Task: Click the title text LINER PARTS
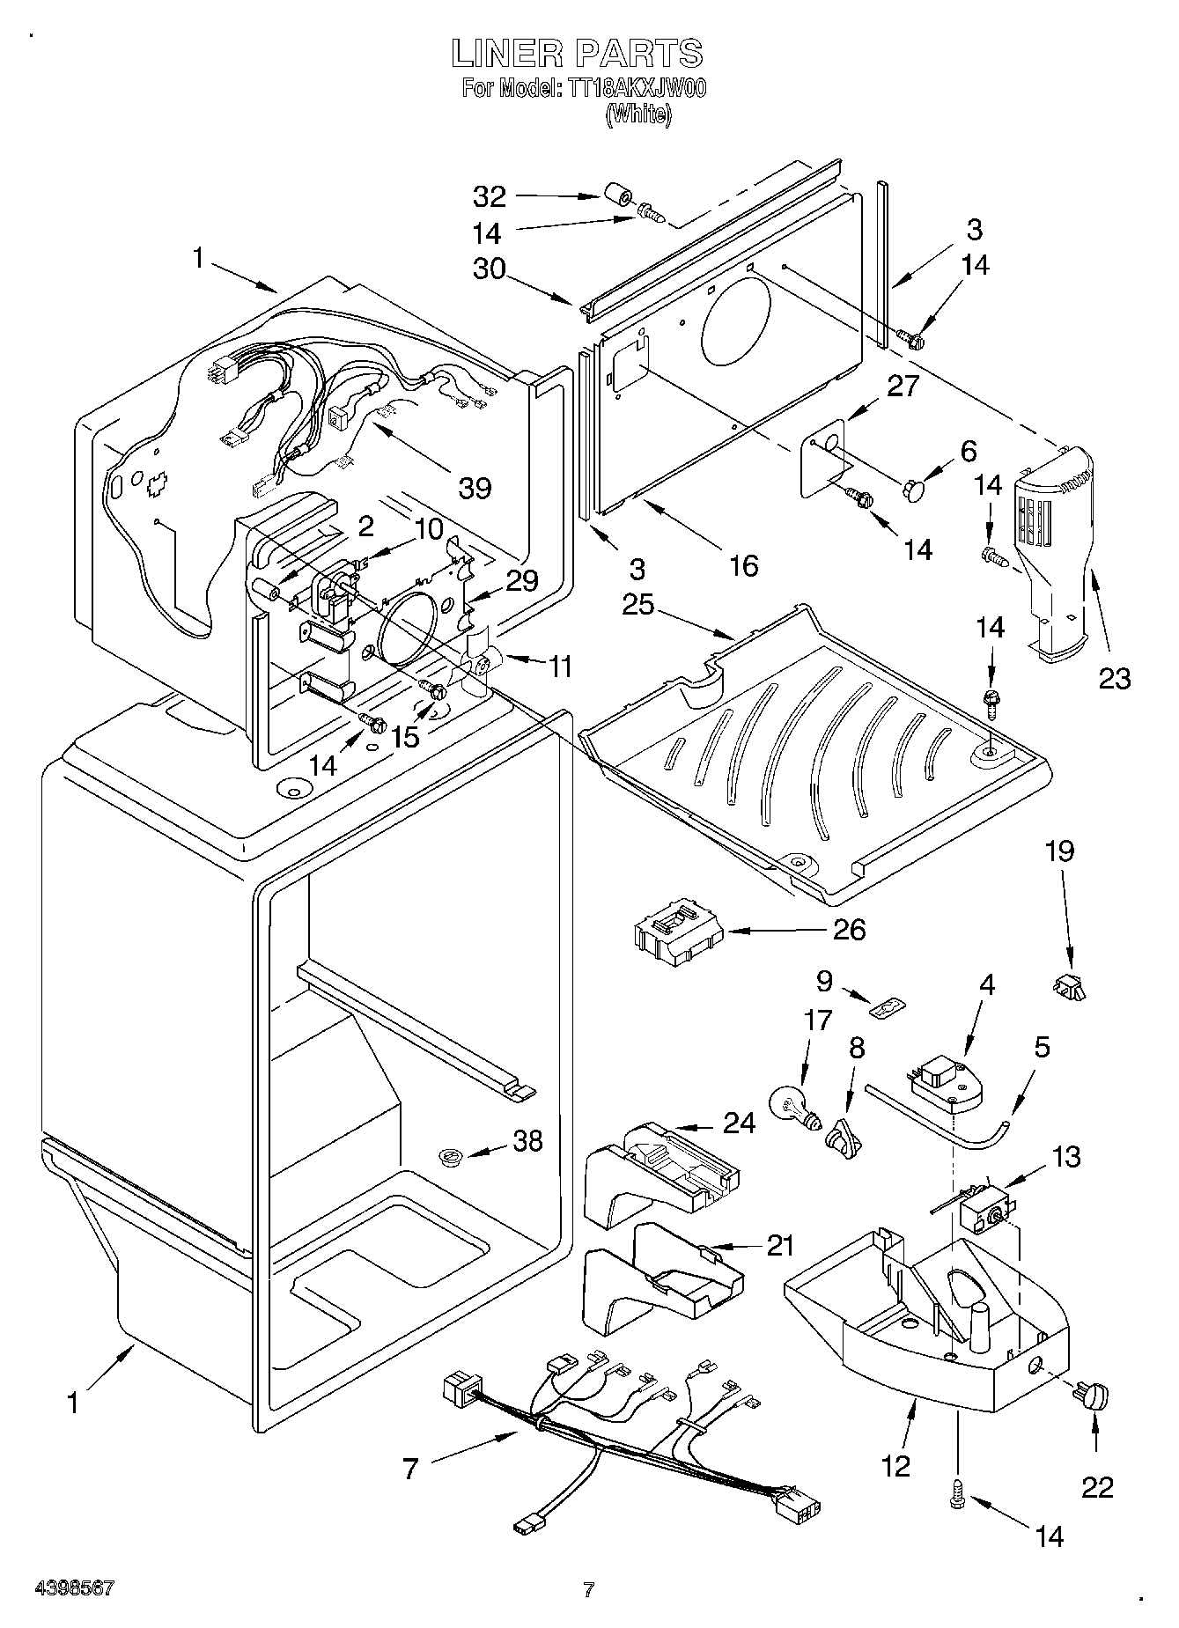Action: tap(577, 54)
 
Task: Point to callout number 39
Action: tap(475, 487)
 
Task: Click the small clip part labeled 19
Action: tap(1069, 987)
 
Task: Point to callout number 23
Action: tap(1114, 677)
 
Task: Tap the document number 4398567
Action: tap(75, 1588)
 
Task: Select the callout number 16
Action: tap(744, 564)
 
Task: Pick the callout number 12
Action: tap(896, 1465)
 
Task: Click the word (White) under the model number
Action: tap(638, 114)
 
